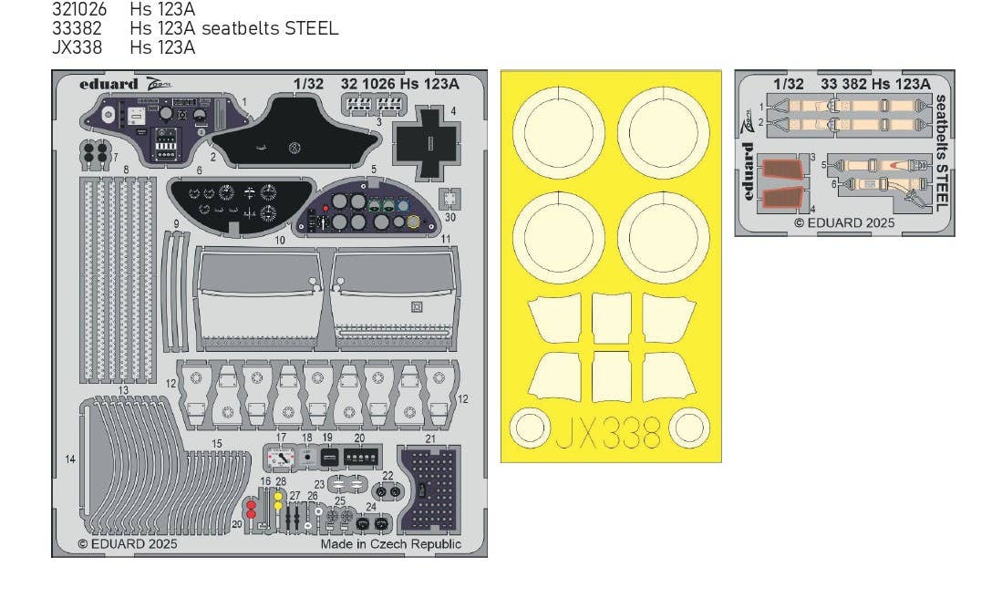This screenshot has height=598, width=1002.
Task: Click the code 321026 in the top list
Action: pyautogui.click(x=79, y=10)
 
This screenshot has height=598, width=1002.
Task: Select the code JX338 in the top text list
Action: pyautogui.click(x=77, y=47)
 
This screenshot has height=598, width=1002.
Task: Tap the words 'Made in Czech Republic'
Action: pyautogui.click(x=390, y=544)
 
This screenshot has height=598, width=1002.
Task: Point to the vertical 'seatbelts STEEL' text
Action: pyautogui.click(x=941, y=152)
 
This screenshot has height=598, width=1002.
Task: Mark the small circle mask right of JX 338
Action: pyautogui.click(x=689, y=428)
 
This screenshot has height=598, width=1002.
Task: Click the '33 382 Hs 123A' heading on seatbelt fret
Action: pyautogui.click(x=874, y=84)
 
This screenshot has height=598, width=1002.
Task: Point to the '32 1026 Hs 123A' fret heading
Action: pyautogui.click(x=400, y=84)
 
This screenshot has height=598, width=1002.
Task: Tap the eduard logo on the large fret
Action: pyautogui.click(x=108, y=84)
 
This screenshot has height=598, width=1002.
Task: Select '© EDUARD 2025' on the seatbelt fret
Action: pyautogui.click(x=843, y=222)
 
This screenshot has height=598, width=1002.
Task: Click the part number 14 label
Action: pyautogui.click(x=71, y=459)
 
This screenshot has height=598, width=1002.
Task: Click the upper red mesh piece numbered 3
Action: pyautogui.click(x=781, y=170)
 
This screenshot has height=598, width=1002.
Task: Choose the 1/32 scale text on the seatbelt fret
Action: pyautogui.click(x=788, y=84)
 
